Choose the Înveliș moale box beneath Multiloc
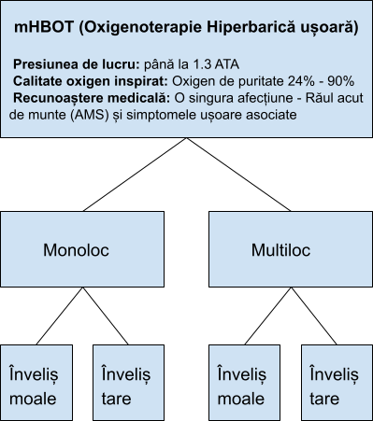pyautogui.click(x=244, y=385)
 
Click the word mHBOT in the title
pyautogui.click(x=42, y=29)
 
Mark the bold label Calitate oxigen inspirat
pyautogui.click(x=92, y=82)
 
